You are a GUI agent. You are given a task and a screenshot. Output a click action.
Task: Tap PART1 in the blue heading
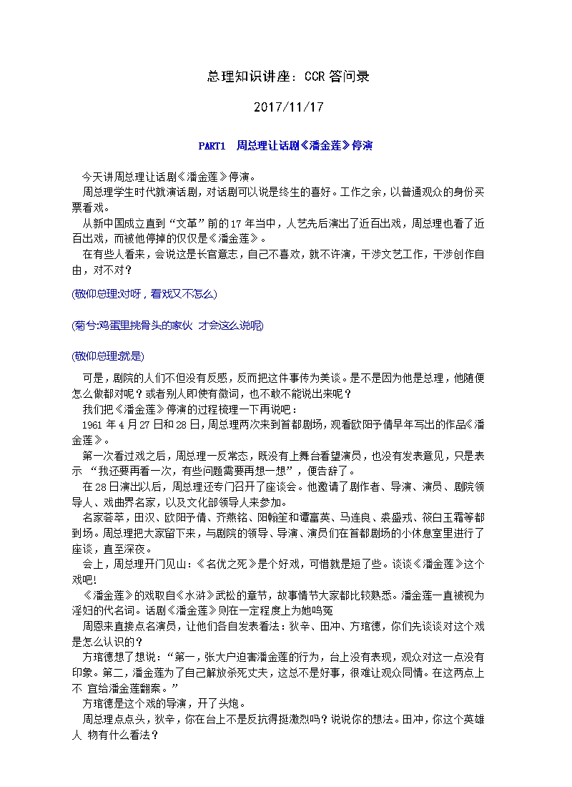(212, 146)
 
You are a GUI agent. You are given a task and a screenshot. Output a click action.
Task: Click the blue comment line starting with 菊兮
(168, 326)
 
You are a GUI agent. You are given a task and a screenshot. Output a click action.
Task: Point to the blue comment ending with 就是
(108, 356)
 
